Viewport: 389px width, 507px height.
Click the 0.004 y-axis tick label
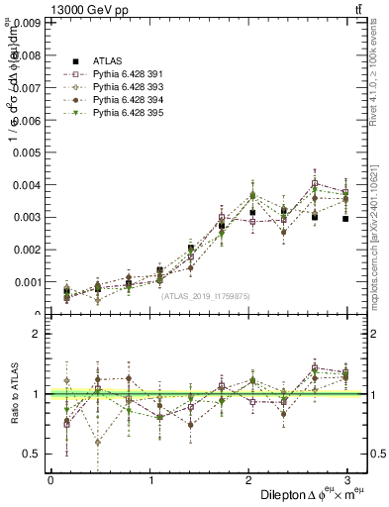click(x=27, y=185)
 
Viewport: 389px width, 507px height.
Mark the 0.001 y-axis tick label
click(x=27, y=282)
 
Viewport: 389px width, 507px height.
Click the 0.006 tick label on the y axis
click(x=27, y=120)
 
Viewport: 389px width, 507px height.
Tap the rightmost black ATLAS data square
click(x=345, y=219)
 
